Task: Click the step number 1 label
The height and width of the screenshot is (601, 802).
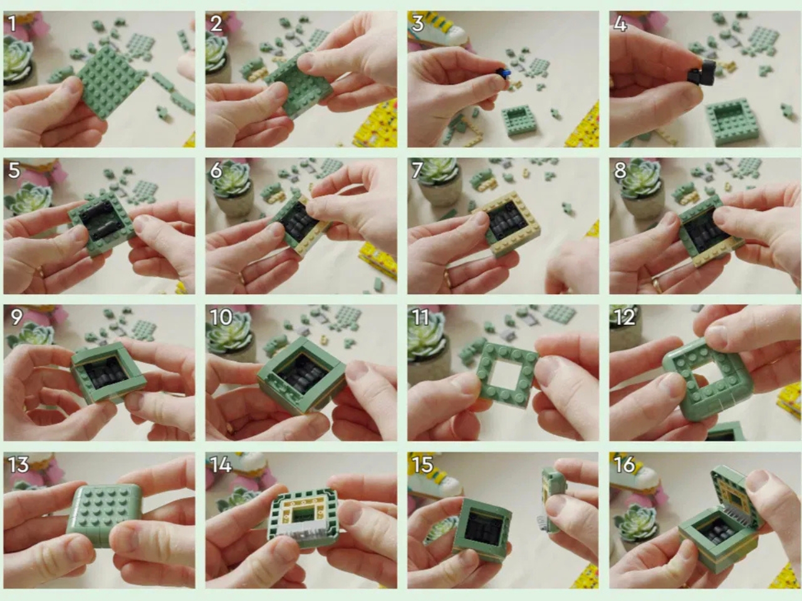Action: pyautogui.click(x=13, y=24)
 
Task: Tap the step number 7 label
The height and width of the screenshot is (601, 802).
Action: pyautogui.click(x=417, y=170)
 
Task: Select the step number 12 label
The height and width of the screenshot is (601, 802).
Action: pyautogui.click(x=624, y=317)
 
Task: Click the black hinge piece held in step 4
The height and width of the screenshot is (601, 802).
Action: pyautogui.click(x=698, y=74)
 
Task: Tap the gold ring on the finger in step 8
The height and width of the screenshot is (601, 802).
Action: pyautogui.click(x=657, y=284)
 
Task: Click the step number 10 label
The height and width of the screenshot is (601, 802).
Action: pyautogui.click(x=221, y=317)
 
